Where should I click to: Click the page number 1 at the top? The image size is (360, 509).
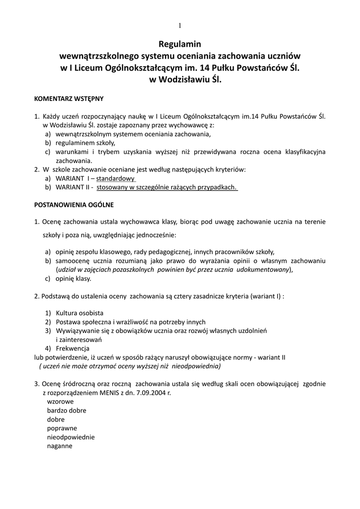click(180, 26)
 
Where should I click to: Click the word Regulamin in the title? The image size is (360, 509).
click(180, 44)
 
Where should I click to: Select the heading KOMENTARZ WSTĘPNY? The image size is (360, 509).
click(69, 98)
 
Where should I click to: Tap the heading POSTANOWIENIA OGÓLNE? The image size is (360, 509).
click(74, 205)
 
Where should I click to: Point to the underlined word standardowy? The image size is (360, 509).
click(116, 178)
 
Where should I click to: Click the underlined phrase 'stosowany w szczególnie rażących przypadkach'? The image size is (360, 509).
click(167, 187)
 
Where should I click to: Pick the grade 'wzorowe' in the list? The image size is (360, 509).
click(61, 401)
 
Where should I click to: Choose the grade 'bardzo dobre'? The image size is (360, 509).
click(67, 410)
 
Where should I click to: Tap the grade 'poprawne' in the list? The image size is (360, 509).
click(62, 428)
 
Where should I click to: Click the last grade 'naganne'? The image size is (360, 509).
click(60, 446)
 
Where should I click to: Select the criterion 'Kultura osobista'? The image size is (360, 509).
click(80, 313)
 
